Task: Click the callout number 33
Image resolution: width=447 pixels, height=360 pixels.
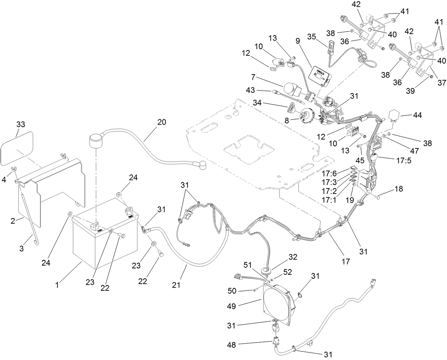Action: tap(21, 124)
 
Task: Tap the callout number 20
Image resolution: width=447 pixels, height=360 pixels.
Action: tap(162, 122)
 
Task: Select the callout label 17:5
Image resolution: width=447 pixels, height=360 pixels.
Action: tap(404, 161)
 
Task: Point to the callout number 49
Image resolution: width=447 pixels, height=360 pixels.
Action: tap(232, 306)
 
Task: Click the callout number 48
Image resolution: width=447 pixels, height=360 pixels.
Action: tap(231, 345)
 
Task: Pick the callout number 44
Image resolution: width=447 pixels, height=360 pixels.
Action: tap(417, 115)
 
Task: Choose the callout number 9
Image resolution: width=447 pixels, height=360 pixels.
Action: tap(298, 41)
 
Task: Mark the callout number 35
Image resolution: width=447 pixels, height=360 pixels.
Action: tap(312, 37)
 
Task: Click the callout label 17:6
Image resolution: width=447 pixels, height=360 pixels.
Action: tap(329, 173)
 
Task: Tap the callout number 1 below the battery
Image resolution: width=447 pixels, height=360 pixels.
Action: tap(57, 285)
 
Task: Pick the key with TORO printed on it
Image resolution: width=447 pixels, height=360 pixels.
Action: tap(290, 108)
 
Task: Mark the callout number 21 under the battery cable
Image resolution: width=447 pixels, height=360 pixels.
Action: tap(176, 285)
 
